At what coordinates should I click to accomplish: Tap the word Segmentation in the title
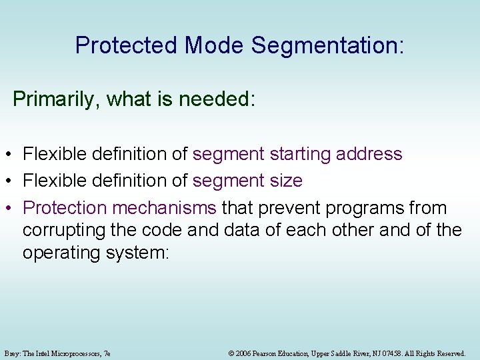(x=327, y=45)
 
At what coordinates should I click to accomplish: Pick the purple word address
(x=369, y=154)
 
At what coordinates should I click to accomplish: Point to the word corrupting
(x=65, y=231)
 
